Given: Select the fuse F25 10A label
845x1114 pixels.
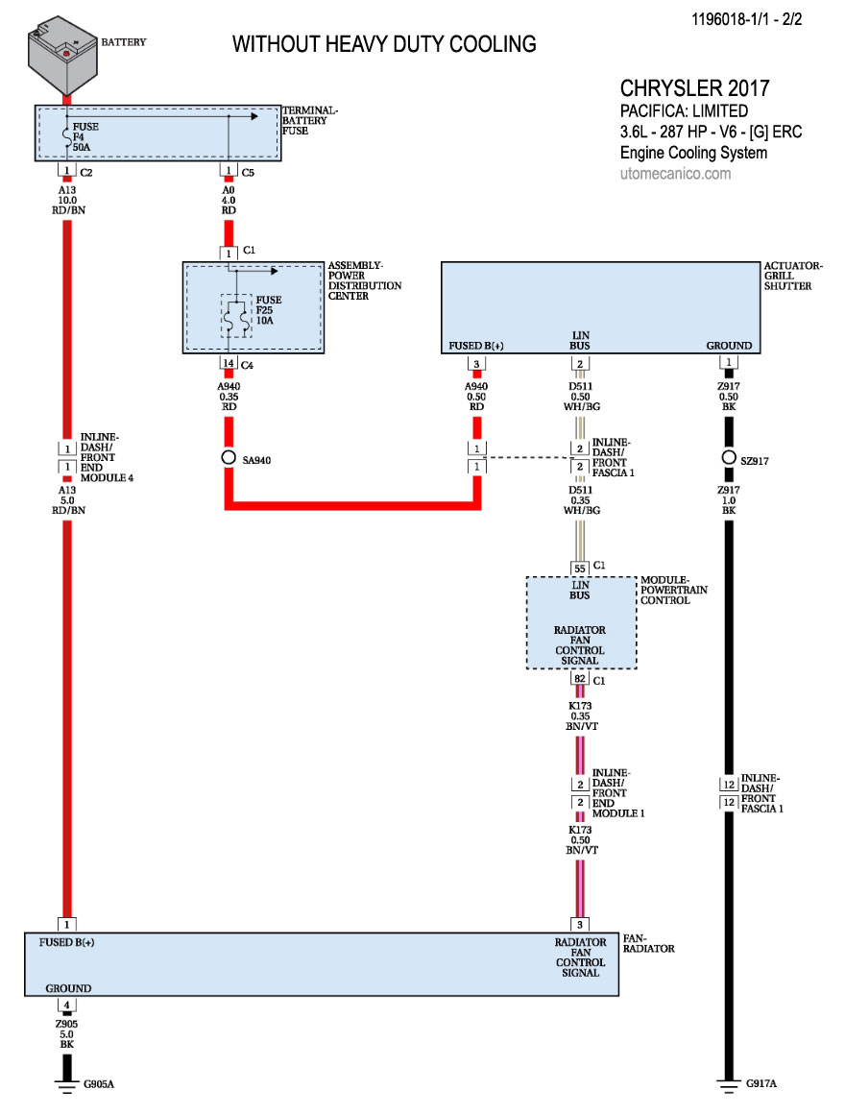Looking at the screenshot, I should pos(264,310).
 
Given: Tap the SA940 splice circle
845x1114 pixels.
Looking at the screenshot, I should pos(229,458).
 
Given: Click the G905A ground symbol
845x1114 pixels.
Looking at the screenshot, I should pos(66,1084).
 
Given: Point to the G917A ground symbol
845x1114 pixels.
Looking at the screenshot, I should pos(729,1084).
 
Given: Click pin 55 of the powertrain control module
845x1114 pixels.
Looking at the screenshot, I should pos(579,567).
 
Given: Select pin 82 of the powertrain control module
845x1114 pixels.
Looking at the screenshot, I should pos(579,678).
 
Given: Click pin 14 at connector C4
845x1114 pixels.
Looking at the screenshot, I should pos(229,363).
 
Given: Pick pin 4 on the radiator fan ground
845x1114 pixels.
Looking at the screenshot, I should pos(66,1005).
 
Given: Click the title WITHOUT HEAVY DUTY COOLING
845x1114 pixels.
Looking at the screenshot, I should pos(384,44).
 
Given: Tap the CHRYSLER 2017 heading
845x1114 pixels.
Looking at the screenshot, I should pos(694,88).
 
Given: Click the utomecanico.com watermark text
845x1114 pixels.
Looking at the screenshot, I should pos(675,174).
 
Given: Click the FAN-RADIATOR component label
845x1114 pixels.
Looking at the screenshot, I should pos(650,942).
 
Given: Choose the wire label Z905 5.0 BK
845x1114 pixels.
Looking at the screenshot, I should pos(66,1035).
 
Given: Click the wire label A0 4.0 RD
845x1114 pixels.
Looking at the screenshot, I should pos(229,200).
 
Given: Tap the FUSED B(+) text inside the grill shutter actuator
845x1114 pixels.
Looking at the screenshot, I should pos(475,346).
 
